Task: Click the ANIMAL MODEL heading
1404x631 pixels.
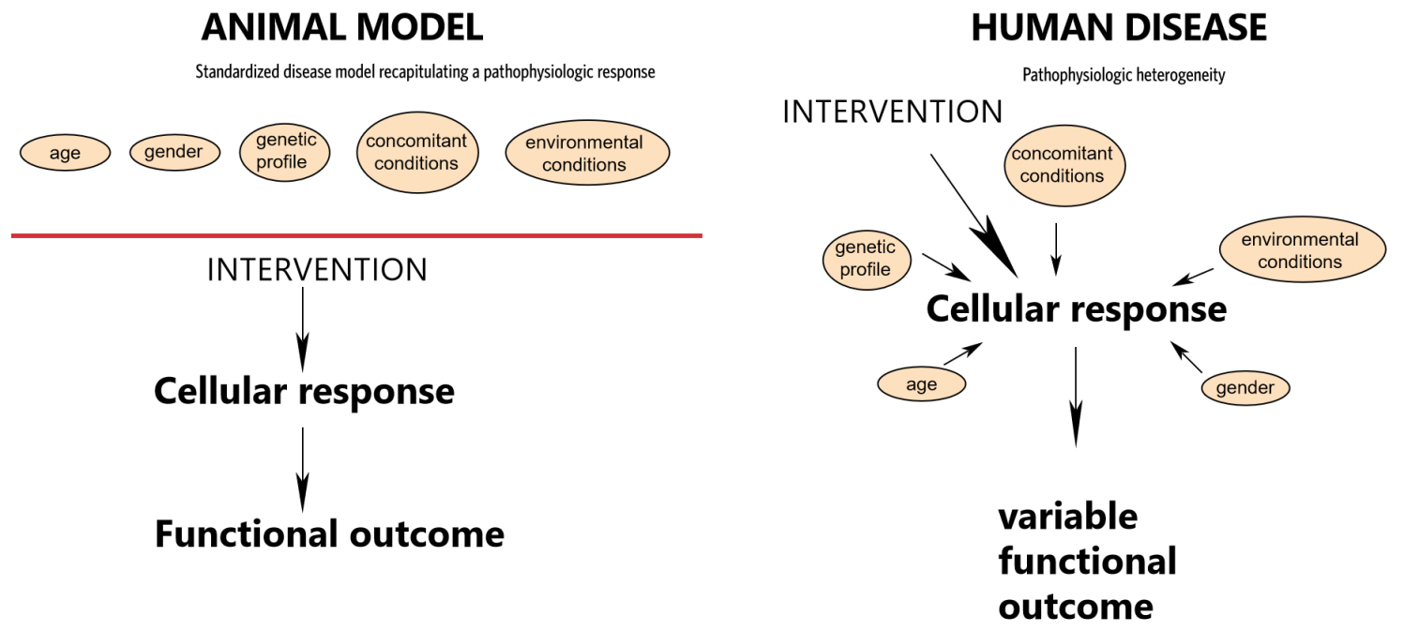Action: point(342,27)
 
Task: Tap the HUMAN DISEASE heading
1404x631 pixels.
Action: point(1119,27)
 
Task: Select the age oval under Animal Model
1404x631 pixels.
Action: point(66,153)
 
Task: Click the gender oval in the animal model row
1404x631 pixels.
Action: point(174,152)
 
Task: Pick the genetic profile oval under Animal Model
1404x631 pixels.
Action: point(284,152)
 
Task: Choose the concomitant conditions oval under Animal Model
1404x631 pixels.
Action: point(417,152)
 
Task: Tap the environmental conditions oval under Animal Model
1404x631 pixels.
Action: point(587,152)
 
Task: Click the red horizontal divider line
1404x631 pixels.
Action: point(356,235)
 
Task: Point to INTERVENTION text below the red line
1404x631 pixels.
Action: point(317,270)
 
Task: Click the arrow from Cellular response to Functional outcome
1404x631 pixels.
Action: point(303,470)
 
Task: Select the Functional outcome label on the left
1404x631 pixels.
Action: point(330,533)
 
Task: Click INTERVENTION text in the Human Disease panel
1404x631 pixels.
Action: point(893,113)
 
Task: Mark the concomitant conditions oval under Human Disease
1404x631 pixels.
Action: point(1064,165)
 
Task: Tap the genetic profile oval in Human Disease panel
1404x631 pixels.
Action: point(867,260)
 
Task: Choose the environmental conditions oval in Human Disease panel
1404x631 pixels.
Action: point(1303,249)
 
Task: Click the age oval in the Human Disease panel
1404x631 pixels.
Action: point(921,384)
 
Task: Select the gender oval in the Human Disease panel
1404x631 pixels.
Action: point(1245,388)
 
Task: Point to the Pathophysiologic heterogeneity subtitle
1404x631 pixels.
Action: point(1124,76)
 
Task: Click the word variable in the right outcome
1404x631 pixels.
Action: point(1067,517)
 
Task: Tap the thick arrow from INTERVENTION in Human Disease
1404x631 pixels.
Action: point(974,217)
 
